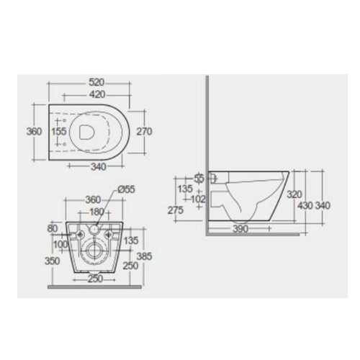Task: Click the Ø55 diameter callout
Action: pyautogui.click(x=125, y=190)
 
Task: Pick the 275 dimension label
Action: pyautogui.click(x=174, y=210)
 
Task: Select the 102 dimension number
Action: pyautogui.click(x=197, y=199)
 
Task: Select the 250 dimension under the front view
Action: pyautogui.click(x=94, y=278)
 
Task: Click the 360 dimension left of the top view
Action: pyautogui.click(x=31, y=132)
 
